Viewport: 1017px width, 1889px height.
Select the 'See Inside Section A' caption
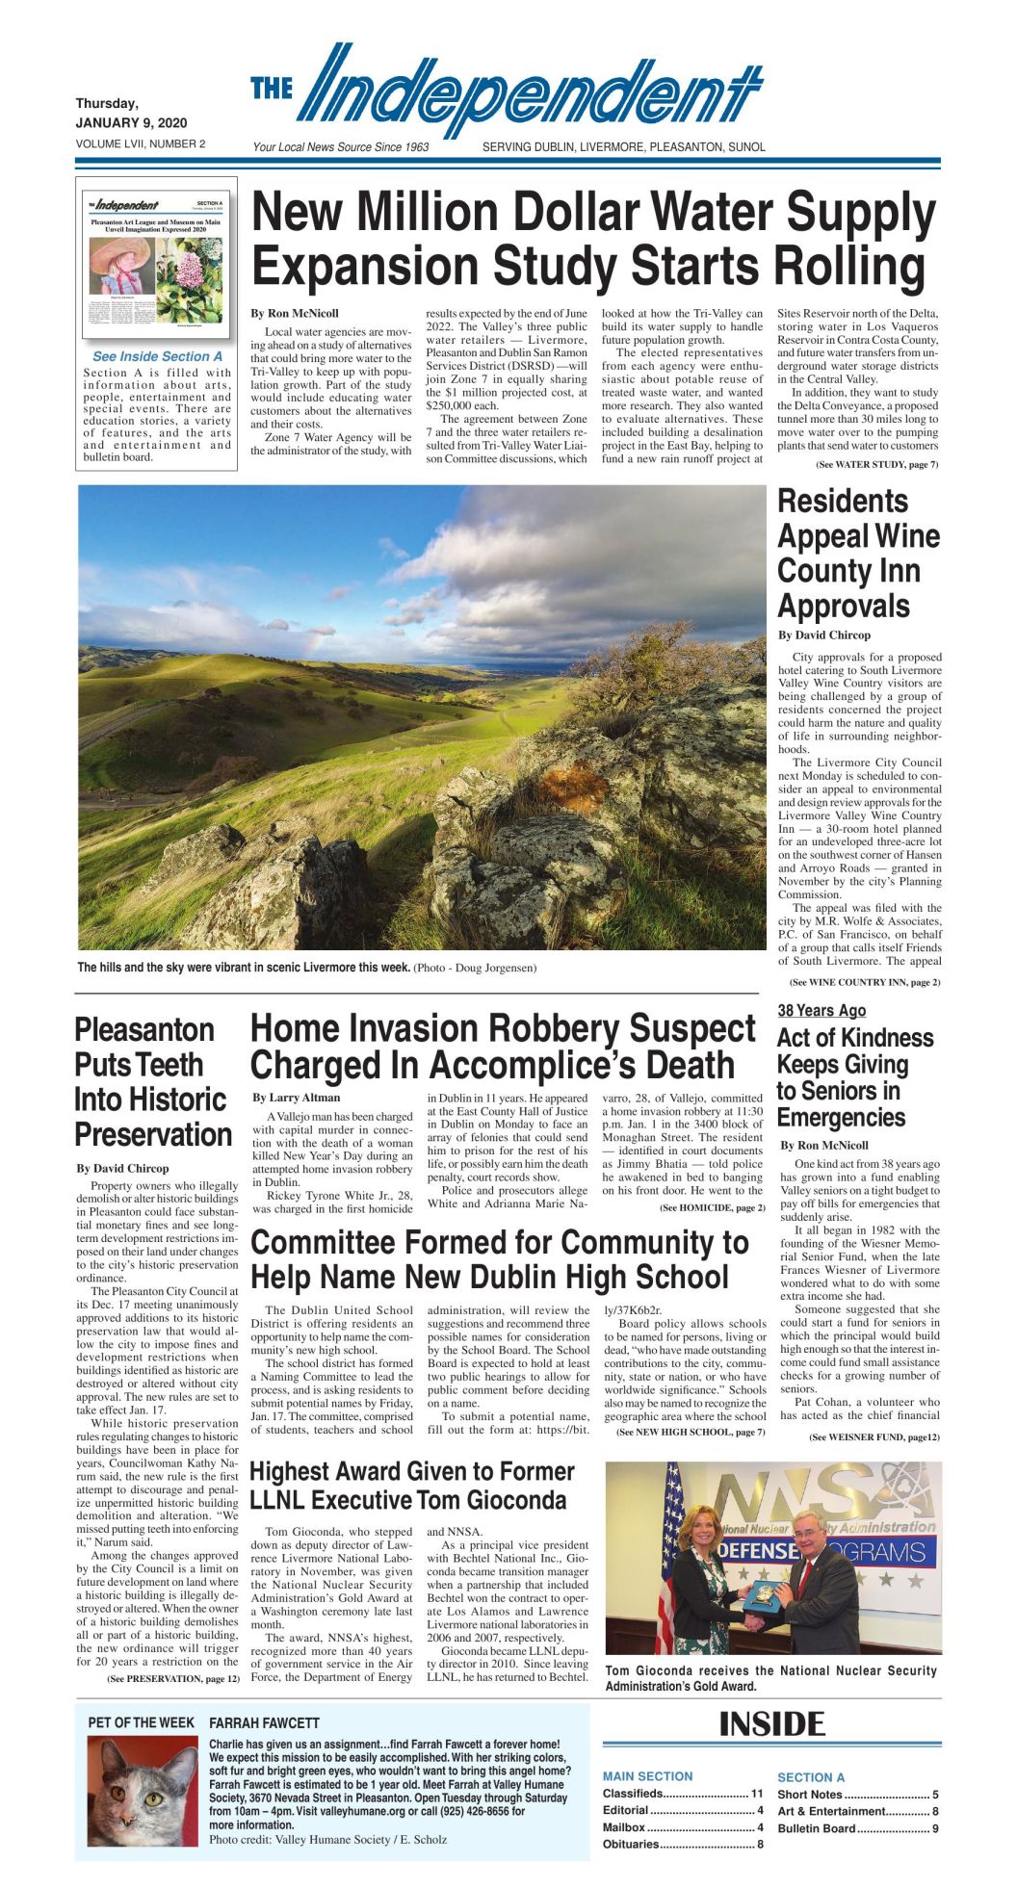[157, 356]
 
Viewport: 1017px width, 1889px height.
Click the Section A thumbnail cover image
[157, 261]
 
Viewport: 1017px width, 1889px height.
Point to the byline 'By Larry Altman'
[296, 1097]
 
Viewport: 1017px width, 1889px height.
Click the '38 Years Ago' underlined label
[821, 1010]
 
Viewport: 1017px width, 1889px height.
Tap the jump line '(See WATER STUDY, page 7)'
[876, 465]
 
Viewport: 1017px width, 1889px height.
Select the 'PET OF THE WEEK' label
[141, 1722]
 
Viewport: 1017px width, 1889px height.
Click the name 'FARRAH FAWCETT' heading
[264, 1722]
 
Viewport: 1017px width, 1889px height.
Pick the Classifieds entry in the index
[633, 1793]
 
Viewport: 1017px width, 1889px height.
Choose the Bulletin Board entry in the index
[817, 1827]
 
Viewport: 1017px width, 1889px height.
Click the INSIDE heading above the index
[771, 1723]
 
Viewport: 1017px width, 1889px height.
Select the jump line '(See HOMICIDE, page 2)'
[712, 1207]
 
